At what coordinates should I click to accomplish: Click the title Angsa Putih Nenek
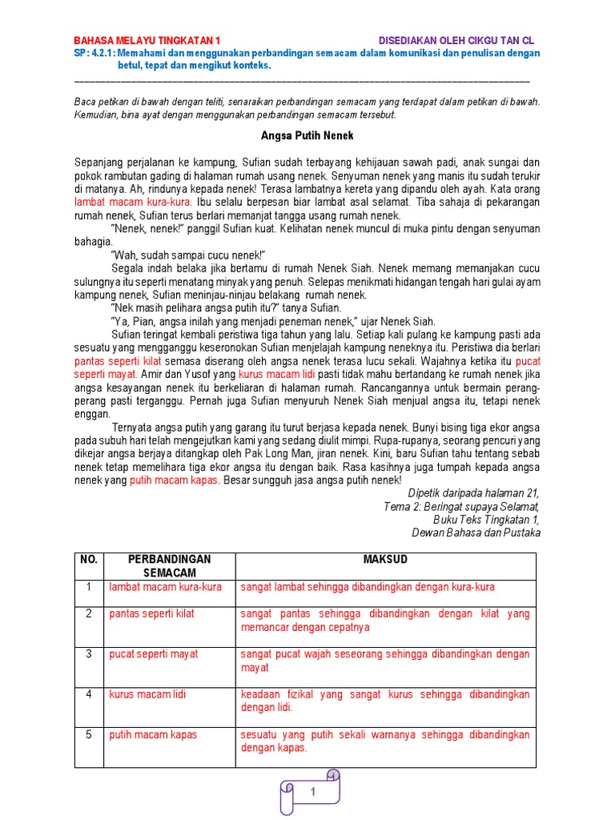[x=307, y=136]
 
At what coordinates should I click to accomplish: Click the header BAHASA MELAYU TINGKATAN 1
[x=146, y=40]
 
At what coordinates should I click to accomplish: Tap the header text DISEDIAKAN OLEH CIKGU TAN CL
[x=456, y=40]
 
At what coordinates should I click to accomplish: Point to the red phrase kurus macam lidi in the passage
[x=279, y=374]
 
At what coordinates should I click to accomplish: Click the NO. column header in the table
[x=88, y=559]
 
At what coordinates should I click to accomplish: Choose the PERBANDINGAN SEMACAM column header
[x=169, y=565]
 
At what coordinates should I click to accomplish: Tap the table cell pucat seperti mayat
[x=153, y=654]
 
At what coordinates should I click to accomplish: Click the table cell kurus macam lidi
[x=147, y=694]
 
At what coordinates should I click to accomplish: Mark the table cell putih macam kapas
[x=153, y=734]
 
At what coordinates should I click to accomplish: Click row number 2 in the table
[x=89, y=614]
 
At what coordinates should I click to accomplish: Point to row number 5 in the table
[x=89, y=734]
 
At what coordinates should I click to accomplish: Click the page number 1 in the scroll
[x=313, y=792]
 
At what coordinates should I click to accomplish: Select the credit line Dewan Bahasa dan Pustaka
[x=476, y=533]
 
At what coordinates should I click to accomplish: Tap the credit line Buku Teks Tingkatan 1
[x=486, y=519]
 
